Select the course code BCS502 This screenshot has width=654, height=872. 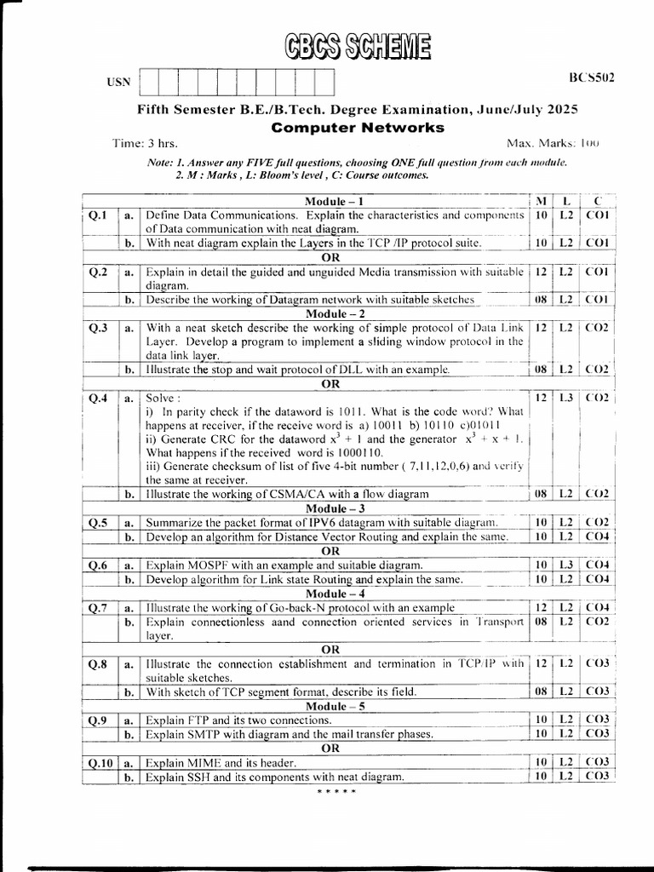(x=592, y=77)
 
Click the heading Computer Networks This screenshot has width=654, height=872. (x=358, y=128)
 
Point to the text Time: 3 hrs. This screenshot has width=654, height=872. (x=145, y=143)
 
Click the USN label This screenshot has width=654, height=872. (x=119, y=83)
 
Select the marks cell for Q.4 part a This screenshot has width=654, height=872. (x=541, y=398)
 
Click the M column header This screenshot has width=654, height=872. (x=541, y=200)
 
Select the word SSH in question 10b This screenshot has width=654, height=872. (x=203, y=777)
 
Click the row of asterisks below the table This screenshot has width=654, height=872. (x=336, y=793)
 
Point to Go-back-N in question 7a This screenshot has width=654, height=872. (x=301, y=607)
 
